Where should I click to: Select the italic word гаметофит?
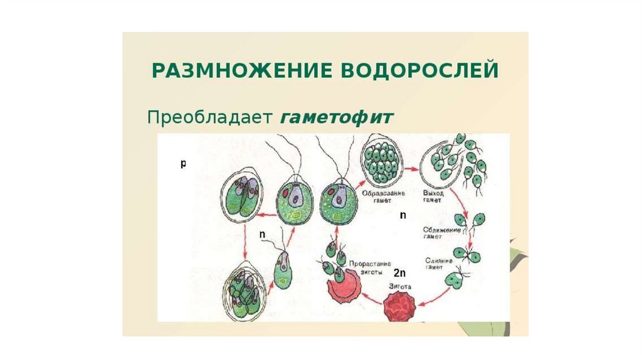coord(337,117)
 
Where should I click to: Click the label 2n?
coord(400,273)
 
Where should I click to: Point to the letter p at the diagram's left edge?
coord(183,164)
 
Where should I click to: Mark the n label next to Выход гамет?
coord(403,215)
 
